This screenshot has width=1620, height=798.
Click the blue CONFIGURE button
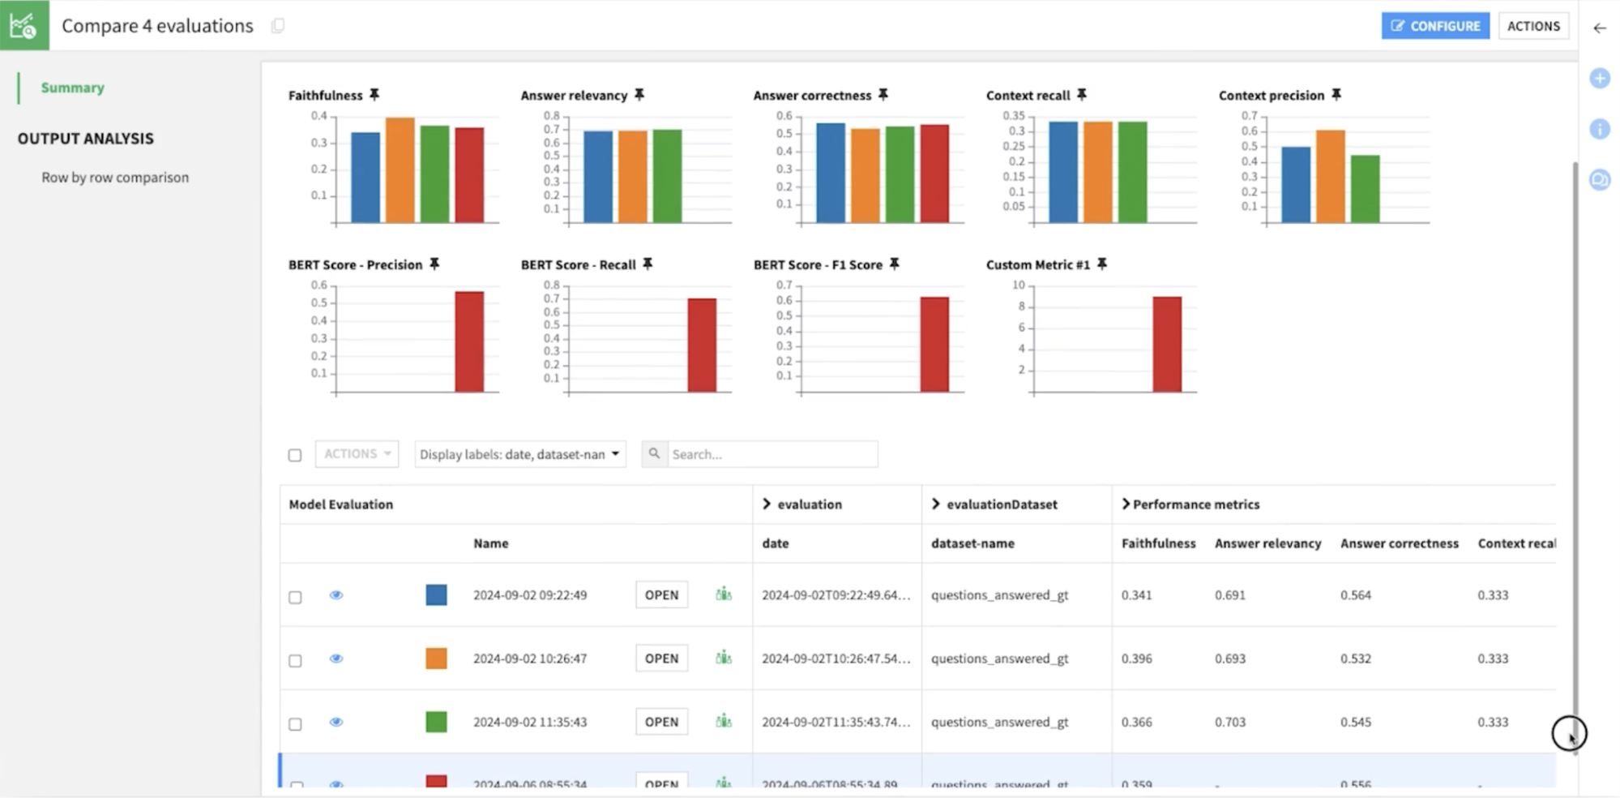pyautogui.click(x=1435, y=26)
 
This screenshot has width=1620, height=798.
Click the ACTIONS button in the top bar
pyautogui.click(x=1532, y=26)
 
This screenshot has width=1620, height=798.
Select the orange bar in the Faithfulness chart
pyautogui.click(x=400, y=170)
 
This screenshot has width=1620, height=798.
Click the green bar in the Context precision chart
pyautogui.click(x=1365, y=189)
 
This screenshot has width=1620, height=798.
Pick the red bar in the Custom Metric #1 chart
pyautogui.click(x=1167, y=345)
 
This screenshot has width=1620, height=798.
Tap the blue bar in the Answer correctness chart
pyautogui.click(x=831, y=173)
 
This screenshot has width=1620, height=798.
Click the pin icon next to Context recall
pyautogui.click(x=1082, y=95)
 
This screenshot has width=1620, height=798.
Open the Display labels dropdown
pyautogui.click(x=519, y=454)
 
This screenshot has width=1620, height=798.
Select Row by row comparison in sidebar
pyautogui.click(x=115, y=178)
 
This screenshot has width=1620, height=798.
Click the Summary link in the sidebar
pyautogui.click(x=73, y=88)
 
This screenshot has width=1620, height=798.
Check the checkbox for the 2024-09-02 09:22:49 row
pyautogui.click(x=295, y=597)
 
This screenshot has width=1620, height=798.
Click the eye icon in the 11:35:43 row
pyautogui.click(x=336, y=722)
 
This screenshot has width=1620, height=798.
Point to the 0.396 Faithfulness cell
pyautogui.click(x=1136, y=659)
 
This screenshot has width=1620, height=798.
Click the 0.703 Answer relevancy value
pyautogui.click(x=1230, y=722)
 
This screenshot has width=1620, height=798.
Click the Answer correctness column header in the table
pyautogui.click(x=1399, y=543)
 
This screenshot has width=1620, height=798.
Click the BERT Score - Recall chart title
pyautogui.click(x=578, y=265)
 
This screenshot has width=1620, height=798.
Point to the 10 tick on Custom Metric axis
pyautogui.click(x=1019, y=285)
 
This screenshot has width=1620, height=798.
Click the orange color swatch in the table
pyautogui.click(x=436, y=659)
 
